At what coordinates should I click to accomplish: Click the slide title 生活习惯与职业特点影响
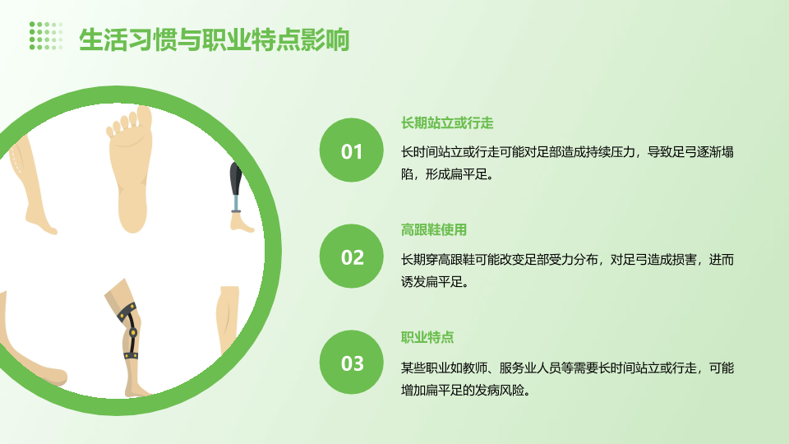point(215,39)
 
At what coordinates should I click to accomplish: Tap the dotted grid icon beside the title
point(46,35)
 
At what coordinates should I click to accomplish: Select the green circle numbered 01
point(351,150)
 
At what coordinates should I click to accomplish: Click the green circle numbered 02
point(351,256)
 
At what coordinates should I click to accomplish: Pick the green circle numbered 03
point(351,362)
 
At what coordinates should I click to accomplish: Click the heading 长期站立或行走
point(447,123)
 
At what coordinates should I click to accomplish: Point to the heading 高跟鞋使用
point(434,230)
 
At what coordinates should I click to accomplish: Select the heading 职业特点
point(427,337)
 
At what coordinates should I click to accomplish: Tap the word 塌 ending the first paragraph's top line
point(727,152)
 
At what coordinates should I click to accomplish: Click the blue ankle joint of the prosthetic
point(236,203)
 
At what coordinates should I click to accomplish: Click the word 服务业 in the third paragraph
point(517,368)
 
